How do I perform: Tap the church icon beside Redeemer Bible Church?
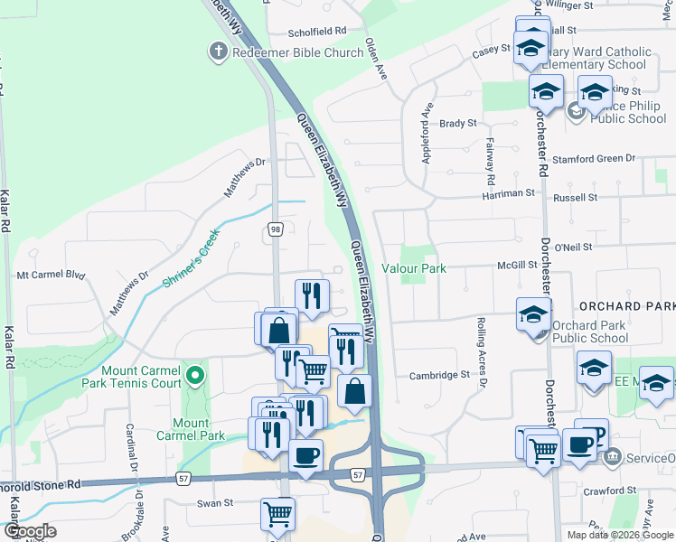click(218, 52)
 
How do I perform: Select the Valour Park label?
click(414, 268)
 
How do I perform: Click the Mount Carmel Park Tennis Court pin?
click(194, 374)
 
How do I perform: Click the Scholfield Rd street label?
click(317, 30)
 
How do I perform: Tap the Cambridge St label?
click(439, 375)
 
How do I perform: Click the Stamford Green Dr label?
click(592, 159)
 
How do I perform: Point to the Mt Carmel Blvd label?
click(51, 275)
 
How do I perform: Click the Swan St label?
click(215, 502)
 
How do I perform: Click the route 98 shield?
click(276, 230)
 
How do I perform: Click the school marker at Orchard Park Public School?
click(533, 316)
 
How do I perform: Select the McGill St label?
click(517, 266)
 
